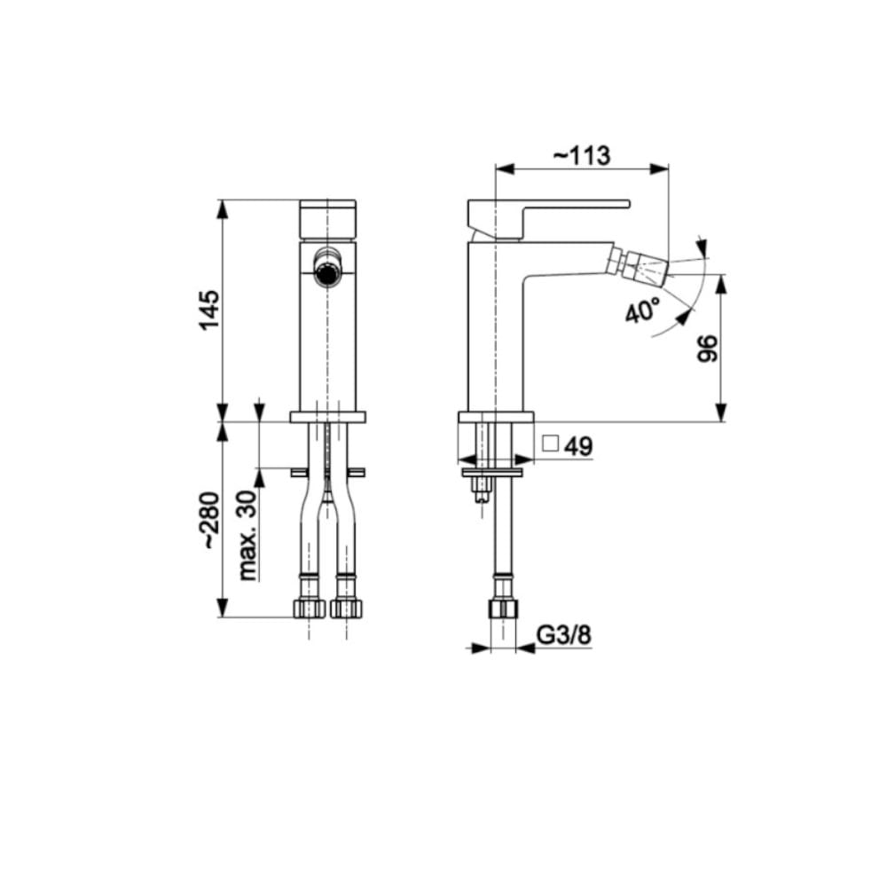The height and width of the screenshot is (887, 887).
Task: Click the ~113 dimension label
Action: click(582, 154)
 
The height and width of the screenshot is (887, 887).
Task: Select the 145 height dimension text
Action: click(208, 310)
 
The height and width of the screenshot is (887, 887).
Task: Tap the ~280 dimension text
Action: click(210, 521)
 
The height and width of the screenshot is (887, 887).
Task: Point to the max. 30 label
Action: click(247, 535)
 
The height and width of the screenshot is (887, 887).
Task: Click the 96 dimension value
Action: click(708, 349)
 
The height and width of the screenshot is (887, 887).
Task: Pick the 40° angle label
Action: click(642, 310)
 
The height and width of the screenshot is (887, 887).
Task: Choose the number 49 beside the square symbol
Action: click(578, 446)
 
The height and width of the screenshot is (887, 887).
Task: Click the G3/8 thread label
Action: click(563, 635)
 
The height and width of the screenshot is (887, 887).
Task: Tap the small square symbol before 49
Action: click(551, 443)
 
